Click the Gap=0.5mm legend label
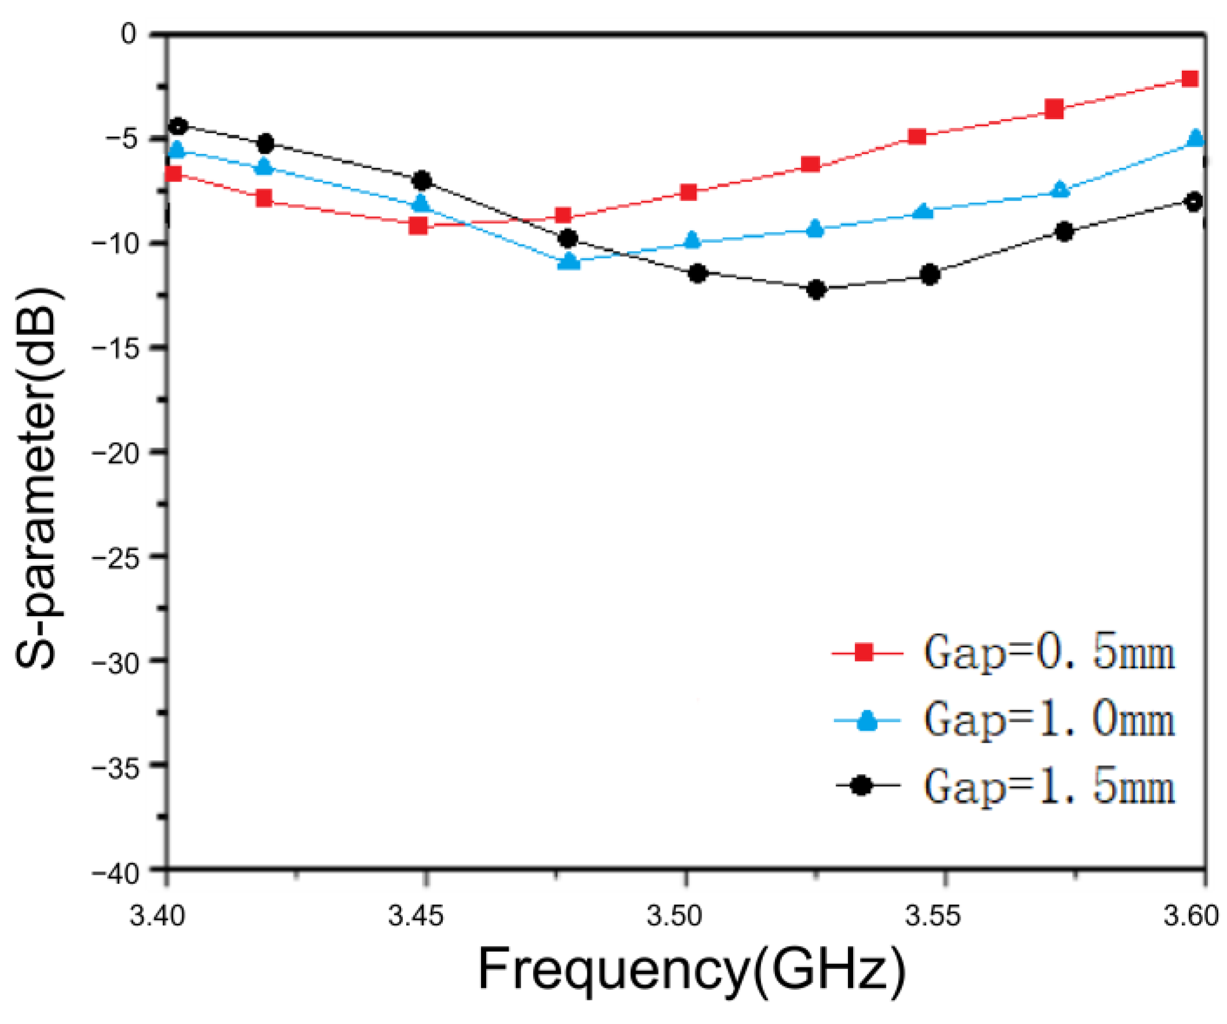click(1049, 653)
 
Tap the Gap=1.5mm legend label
click(1049, 786)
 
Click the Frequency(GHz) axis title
click(691, 970)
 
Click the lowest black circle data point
click(816, 289)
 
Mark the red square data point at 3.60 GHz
click(1190, 79)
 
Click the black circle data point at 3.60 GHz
click(1194, 202)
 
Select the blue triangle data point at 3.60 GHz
click(1196, 138)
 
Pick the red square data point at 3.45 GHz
click(418, 226)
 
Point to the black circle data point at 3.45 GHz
click(422, 181)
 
